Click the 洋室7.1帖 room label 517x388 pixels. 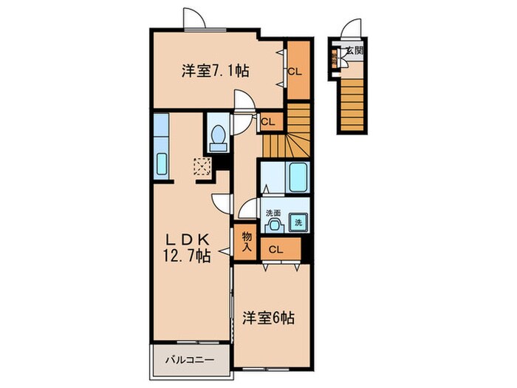[215, 71]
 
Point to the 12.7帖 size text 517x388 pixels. [187, 256]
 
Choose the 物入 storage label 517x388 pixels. [246, 242]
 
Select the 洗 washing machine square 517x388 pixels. [300, 221]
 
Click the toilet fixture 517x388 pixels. [219, 136]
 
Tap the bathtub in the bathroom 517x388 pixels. [298, 178]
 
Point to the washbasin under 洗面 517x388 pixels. [275, 225]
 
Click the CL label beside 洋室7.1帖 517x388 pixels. [295, 72]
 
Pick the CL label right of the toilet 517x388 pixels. [268, 121]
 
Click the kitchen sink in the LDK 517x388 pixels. [162, 165]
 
